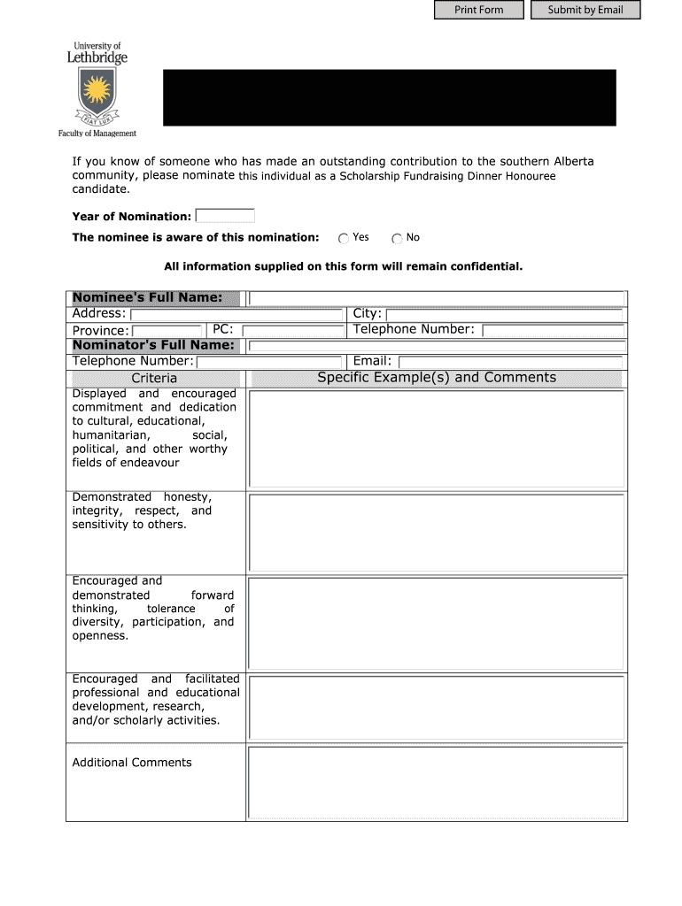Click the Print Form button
(479, 10)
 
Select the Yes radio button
(344, 238)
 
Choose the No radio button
(398, 238)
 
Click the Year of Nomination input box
(225, 216)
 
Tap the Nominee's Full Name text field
(437, 298)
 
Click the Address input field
(236, 314)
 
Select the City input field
(505, 314)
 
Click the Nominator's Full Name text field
(437, 346)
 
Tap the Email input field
(512, 362)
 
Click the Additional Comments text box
(437, 782)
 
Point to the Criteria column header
(154, 379)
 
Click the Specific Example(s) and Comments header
(437, 378)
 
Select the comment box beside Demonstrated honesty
(437, 533)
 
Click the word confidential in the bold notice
(486, 266)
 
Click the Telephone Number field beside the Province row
(553, 330)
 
